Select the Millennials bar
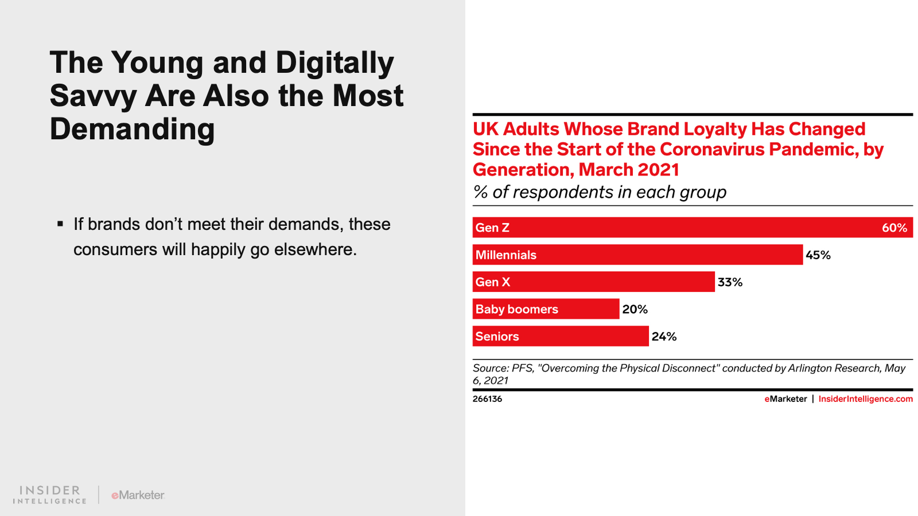pos(637,255)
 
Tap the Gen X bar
pos(593,282)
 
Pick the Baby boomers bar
pos(546,309)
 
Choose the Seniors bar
pos(560,336)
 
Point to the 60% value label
pos(894,228)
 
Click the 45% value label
pos(818,255)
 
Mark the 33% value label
pos(730,282)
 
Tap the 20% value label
pos(635,310)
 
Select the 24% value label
pos(664,337)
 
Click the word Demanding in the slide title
pos(132,130)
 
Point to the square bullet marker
pos(60,224)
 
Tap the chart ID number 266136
pos(487,399)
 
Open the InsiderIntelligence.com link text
pos(865,399)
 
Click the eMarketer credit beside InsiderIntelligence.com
pos(785,399)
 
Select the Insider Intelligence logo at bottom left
pos(50,495)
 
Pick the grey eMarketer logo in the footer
pos(138,495)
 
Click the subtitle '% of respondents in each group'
pos(599,192)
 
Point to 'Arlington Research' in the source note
pos(834,368)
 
